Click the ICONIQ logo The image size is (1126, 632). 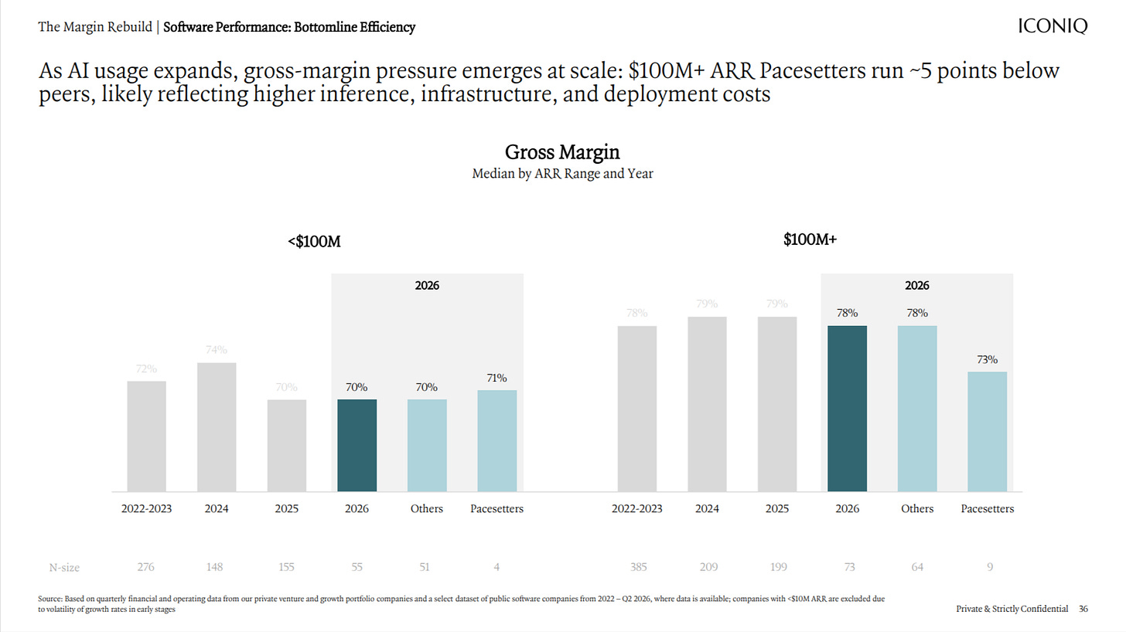1053,25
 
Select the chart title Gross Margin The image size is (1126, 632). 562,151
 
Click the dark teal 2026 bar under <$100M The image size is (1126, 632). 357,445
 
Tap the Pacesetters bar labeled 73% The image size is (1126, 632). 988,432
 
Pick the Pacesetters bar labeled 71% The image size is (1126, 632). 497,440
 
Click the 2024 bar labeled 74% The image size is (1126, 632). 217,427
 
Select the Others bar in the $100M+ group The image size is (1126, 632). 917,409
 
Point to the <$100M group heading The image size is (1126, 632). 314,242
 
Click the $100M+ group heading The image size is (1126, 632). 810,240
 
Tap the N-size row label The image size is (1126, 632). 64,568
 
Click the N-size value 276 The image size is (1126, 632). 145,567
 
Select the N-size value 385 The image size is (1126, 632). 639,567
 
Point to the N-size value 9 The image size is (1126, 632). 990,567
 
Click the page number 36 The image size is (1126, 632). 1083,609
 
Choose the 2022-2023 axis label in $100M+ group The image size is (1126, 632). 637,508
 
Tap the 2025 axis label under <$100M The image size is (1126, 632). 286,508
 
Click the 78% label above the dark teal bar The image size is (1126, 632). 847,313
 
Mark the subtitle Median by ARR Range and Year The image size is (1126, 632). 562,174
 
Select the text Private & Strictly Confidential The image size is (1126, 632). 1012,609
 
